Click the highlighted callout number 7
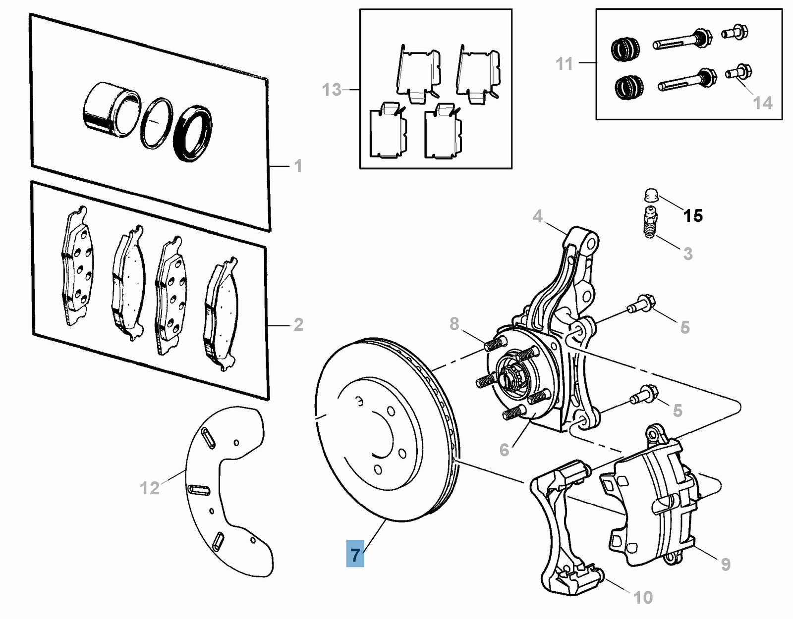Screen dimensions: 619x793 pyautogui.click(x=355, y=554)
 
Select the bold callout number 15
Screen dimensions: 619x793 pyautogui.click(x=692, y=216)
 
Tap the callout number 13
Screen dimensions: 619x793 pyautogui.click(x=332, y=90)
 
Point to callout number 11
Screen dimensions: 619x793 pyautogui.click(x=564, y=64)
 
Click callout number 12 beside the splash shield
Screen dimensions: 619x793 pyautogui.click(x=149, y=488)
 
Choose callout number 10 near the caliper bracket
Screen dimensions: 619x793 pyautogui.click(x=643, y=598)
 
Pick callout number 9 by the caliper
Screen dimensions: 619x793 pyautogui.click(x=726, y=564)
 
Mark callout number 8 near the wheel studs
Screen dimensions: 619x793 pyautogui.click(x=454, y=324)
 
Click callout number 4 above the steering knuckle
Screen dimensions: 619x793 pyautogui.click(x=538, y=216)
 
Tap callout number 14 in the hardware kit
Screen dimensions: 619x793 pyautogui.click(x=762, y=103)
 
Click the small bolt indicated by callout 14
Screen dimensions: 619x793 pyautogui.click(x=738, y=72)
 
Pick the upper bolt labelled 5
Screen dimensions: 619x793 pyautogui.click(x=642, y=303)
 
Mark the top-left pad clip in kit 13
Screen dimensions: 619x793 pyautogui.click(x=418, y=74)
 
